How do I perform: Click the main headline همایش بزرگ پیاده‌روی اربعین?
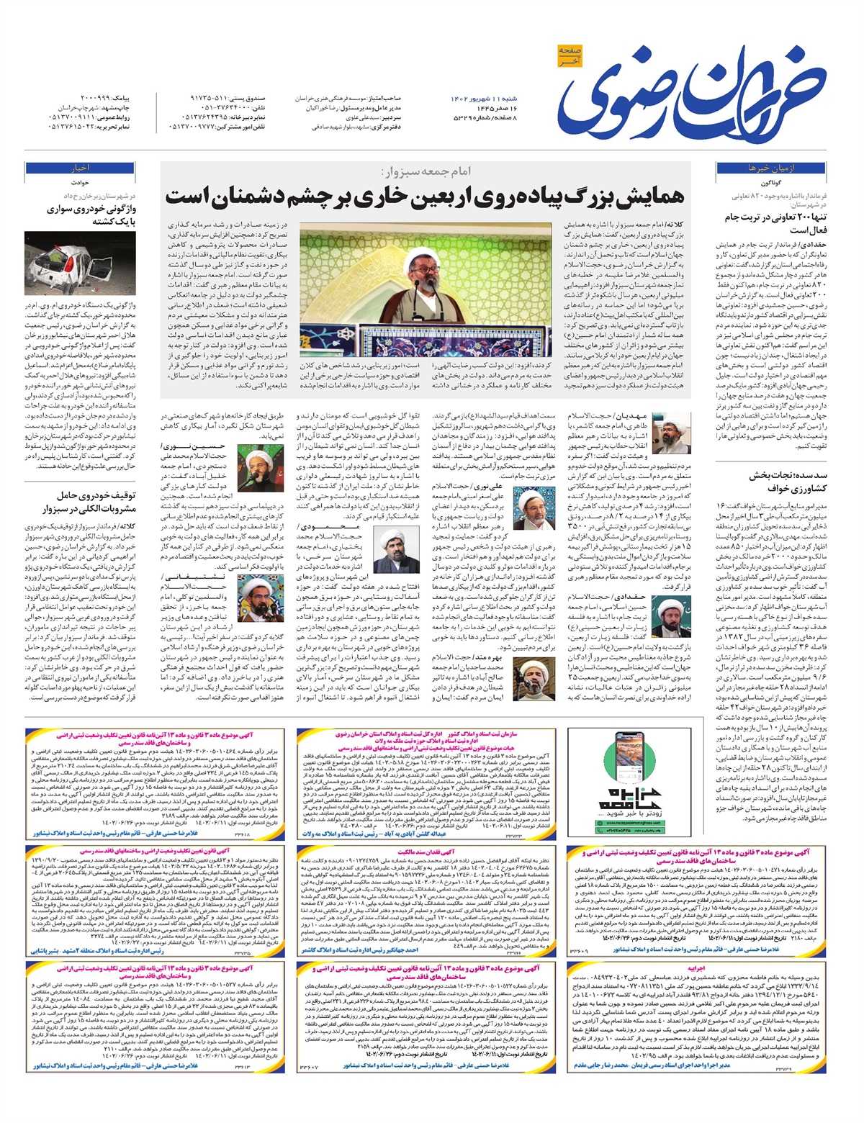(425, 197)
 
